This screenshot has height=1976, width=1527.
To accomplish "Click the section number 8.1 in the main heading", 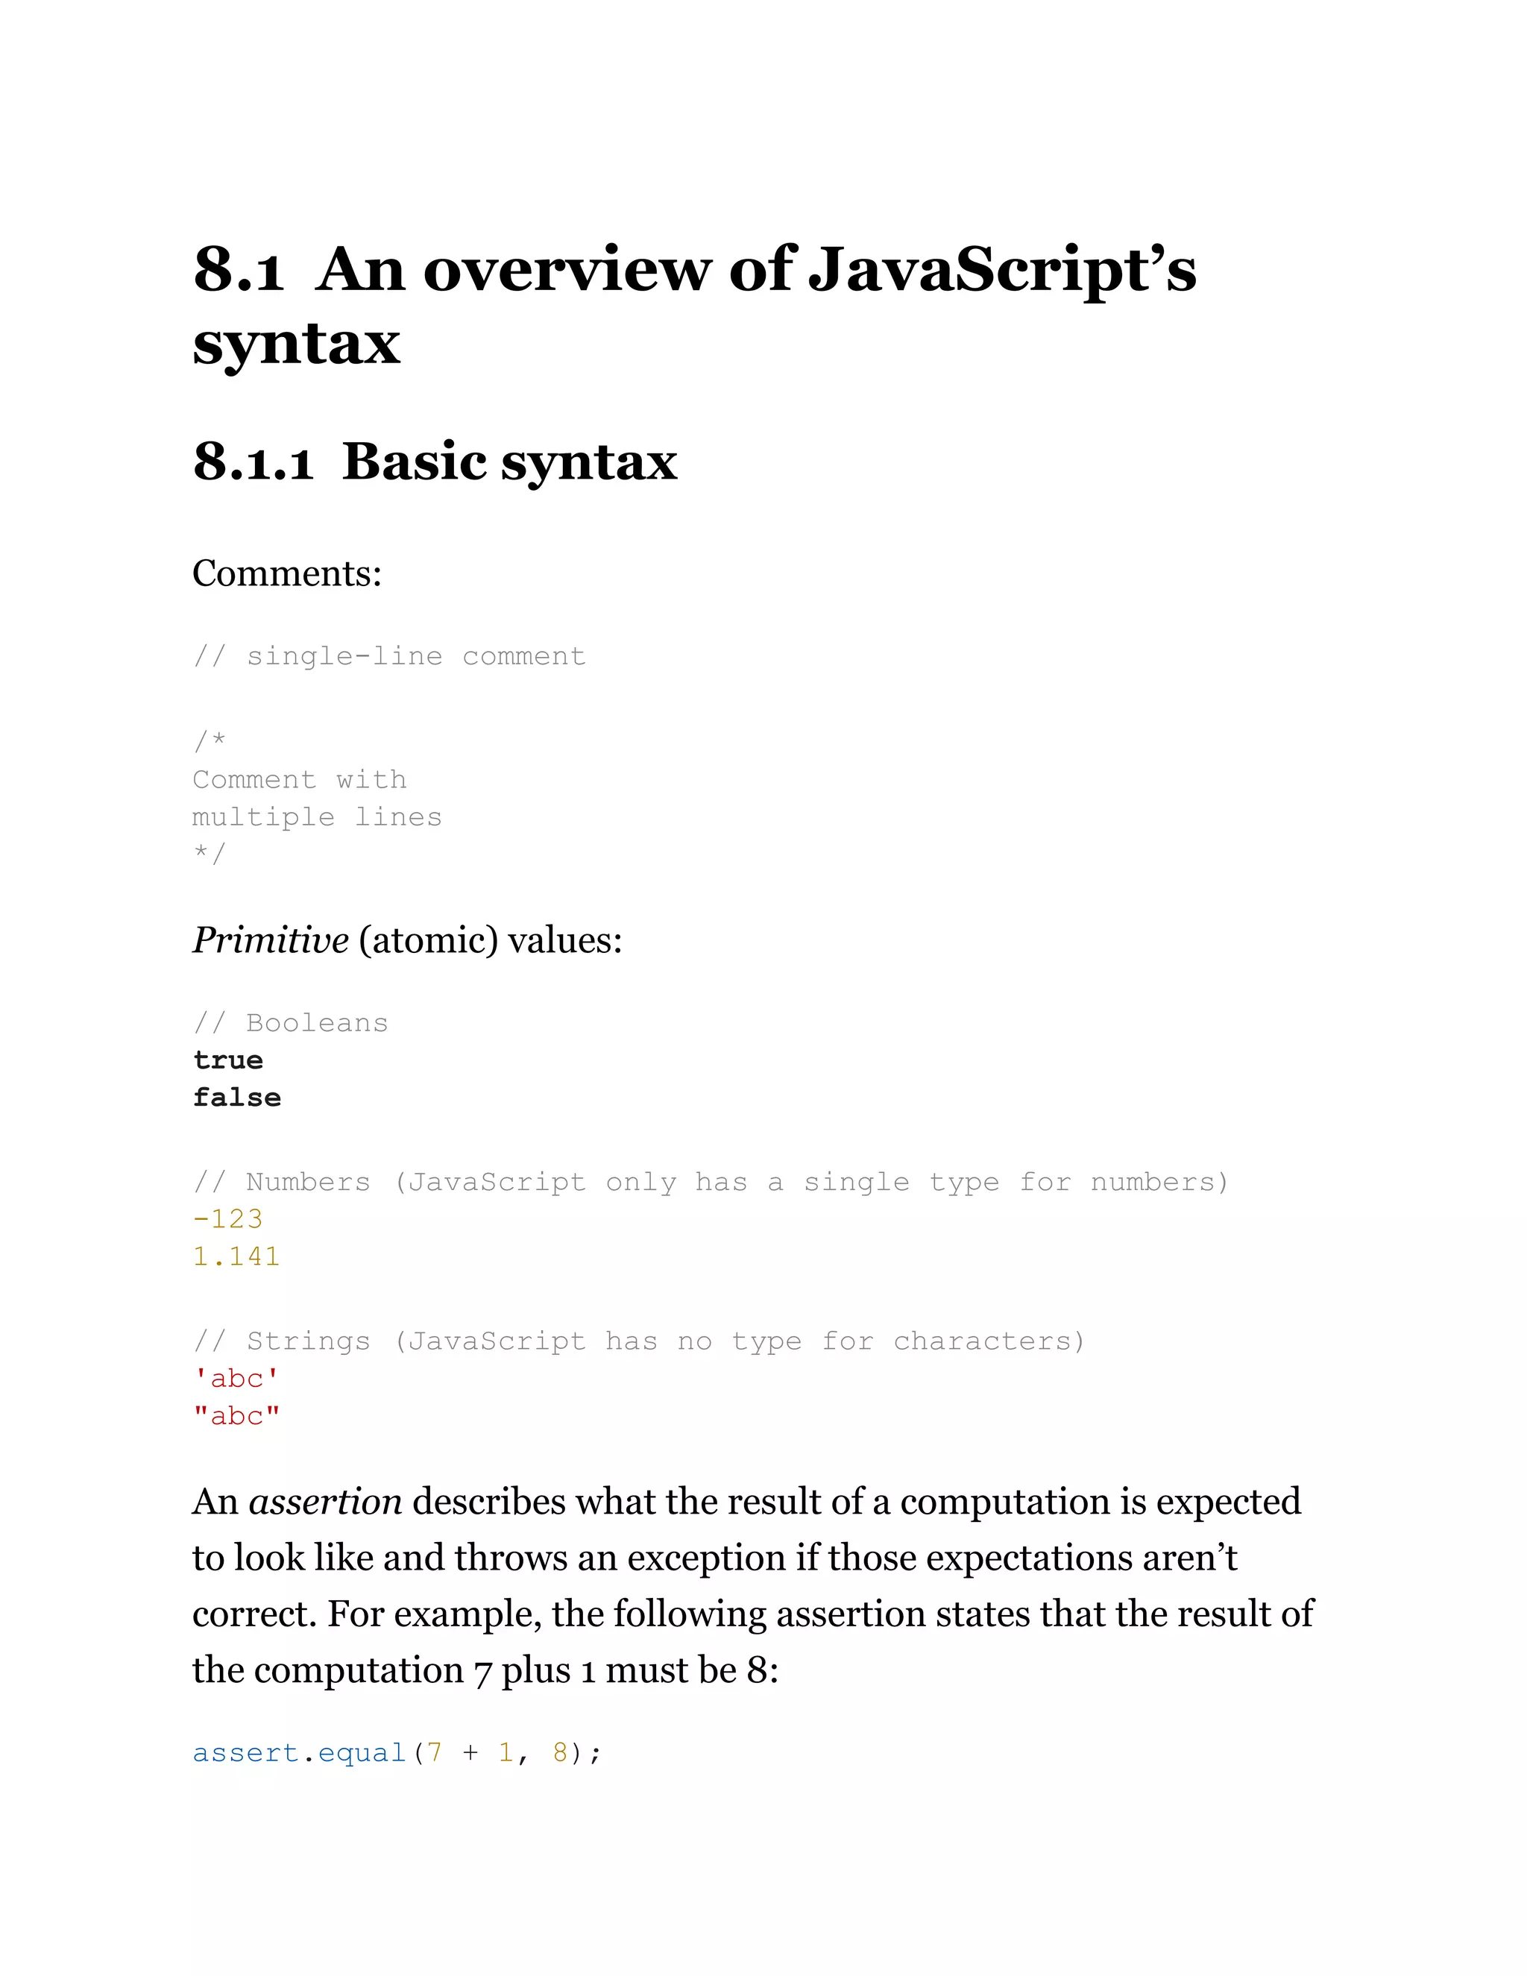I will (x=238, y=270).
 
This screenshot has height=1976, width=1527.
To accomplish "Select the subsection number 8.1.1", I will (x=253, y=462).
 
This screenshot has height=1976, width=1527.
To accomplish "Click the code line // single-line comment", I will (x=389, y=656).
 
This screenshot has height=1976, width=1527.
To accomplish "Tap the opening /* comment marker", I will (x=209, y=741).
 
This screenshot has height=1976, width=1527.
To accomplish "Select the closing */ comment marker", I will (x=209, y=853).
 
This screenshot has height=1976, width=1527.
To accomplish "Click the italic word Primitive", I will (x=271, y=941).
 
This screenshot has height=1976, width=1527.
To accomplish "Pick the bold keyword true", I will (x=228, y=1060).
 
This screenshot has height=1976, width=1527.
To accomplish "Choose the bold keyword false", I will (x=237, y=1098).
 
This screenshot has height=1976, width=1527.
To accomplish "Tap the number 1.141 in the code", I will (x=237, y=1256).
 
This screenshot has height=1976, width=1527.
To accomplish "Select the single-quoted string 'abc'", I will (x=237, y=1378).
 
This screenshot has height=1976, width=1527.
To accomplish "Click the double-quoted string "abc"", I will (x=237, y=1416).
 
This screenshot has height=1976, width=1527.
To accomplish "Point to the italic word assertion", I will (x=325, y=1502).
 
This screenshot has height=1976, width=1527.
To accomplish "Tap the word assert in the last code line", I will (x=246, y=1754).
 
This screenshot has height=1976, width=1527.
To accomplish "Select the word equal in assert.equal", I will (x=362, y=1754).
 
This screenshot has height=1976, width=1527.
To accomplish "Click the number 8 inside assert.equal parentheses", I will (x=560, y=1754).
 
